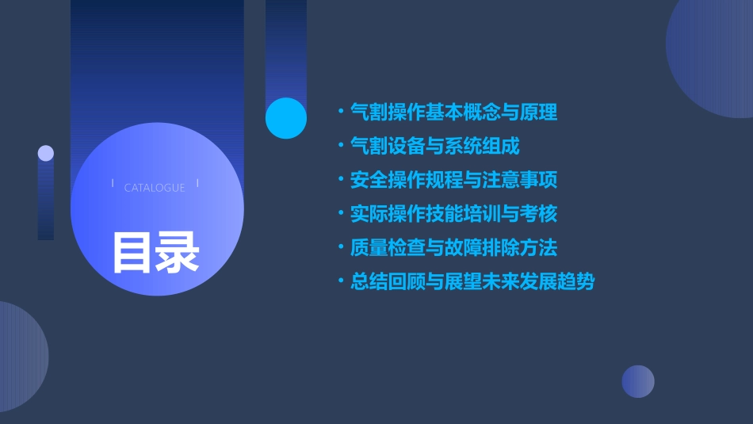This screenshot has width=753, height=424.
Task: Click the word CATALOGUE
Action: (x=155, y=188)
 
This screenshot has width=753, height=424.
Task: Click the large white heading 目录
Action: (x=155, y=251)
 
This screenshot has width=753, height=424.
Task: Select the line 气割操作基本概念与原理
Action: (x=453, y=113)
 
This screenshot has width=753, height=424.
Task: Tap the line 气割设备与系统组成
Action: (x=435, y=146)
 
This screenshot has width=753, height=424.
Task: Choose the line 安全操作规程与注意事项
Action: (x=453, y=180)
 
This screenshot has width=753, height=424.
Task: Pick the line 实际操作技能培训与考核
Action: (x=453, y=214)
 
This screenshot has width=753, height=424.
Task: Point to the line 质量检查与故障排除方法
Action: (x=453, y=248)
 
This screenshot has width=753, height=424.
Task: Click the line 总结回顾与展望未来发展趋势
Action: (x=472, y=282)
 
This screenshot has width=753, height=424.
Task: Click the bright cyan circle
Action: (x=286, y=118)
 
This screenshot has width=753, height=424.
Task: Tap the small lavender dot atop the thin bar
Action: (x=46, y=153)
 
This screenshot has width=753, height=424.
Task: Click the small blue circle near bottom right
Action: (x=638, y=381)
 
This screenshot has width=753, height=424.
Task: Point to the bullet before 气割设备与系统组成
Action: (x=341, y=146)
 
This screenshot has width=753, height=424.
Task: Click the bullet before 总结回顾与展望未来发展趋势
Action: (x=341, y=282)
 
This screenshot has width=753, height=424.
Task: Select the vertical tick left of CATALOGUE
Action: (x=113, y=183)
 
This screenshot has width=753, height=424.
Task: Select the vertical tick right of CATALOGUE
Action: (x=197, y=183)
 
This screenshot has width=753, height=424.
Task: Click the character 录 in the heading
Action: (x=178, y=251)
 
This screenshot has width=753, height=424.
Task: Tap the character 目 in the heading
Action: (x=132, y=251)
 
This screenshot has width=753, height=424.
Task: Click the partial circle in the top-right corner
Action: (x=713, y=55)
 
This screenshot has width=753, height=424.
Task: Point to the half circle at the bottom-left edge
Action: (x=20, y=357)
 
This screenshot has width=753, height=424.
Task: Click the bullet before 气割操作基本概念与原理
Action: (x=341, y=113)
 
